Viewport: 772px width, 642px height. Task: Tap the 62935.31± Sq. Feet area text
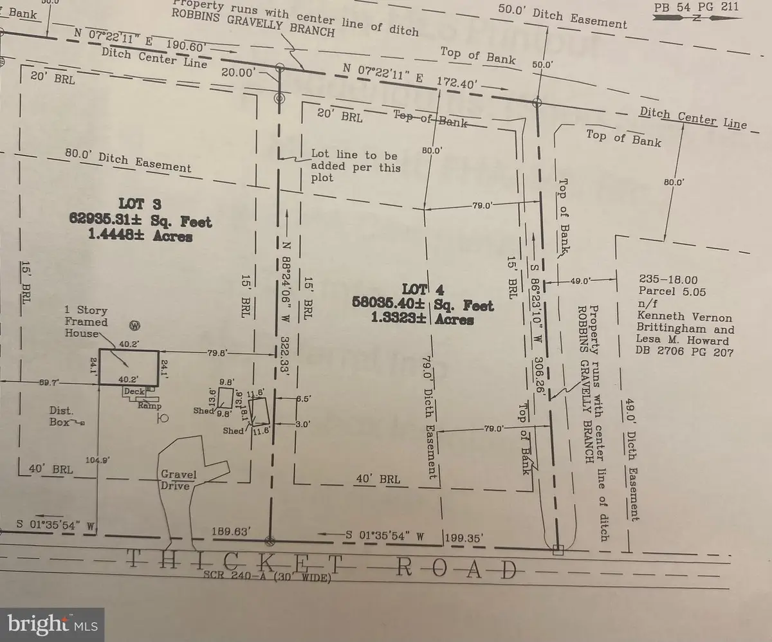pyautogui.click(x=140, y=223)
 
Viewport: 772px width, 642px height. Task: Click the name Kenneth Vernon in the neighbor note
pyautogui.click(x=685, y=317)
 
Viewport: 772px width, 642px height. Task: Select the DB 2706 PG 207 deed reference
pyautogui.click(x=684, y=353)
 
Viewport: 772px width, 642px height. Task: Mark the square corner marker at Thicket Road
pyautogui.click(x=558, y=549)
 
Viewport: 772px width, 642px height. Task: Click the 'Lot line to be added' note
pyautogui.click(x=356, y=165)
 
